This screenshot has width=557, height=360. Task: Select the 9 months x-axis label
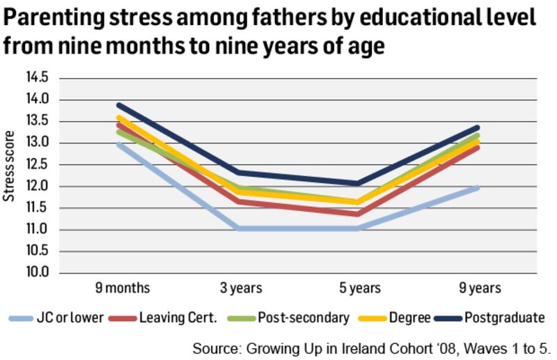point(122,288)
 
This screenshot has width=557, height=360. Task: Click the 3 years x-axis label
point(240,288)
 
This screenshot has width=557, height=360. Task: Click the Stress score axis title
point(10,165)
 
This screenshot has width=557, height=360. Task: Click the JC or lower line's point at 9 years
point(478,187)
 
